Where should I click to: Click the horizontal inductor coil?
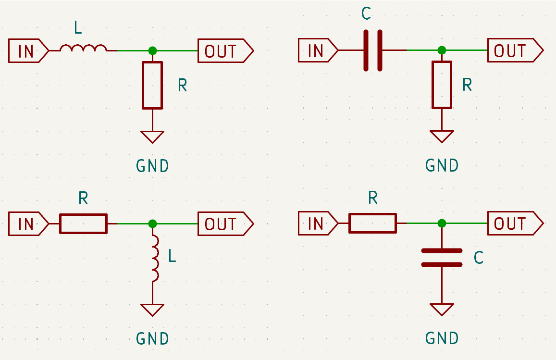83,48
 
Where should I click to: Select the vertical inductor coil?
155,259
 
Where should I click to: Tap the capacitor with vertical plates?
373,50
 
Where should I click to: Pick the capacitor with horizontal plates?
442,258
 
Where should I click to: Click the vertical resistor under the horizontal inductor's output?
152,85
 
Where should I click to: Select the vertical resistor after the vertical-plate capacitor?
442,85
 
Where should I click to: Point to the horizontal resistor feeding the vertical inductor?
83,223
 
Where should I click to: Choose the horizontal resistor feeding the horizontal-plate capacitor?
372,223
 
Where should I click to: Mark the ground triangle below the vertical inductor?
152,310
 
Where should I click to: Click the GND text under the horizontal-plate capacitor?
442,338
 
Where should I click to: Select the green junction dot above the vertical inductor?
152,223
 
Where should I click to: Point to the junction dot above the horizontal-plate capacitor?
442,223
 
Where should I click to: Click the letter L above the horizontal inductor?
78,28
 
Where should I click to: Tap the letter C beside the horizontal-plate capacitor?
478,258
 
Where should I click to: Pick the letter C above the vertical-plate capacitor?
366,14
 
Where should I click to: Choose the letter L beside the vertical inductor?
172,256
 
